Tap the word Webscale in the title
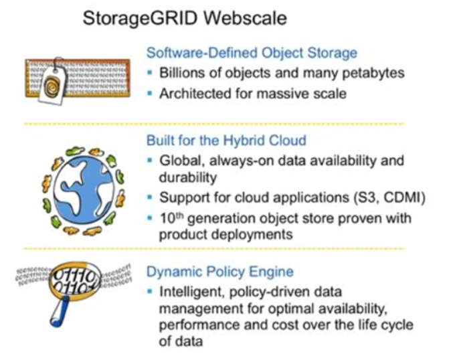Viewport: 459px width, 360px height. point(246,18)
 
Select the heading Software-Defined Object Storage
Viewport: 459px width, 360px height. point(252,53)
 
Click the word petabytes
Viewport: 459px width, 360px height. point(373,73)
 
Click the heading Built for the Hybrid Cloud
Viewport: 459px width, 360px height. point(226,141)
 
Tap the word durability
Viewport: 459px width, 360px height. point(188,177)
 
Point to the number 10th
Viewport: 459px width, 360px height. point(171,218)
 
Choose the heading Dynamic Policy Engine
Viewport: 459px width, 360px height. point(220,272)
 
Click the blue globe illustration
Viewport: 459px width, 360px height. point(84,190)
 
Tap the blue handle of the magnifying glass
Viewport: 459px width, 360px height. point(60,311)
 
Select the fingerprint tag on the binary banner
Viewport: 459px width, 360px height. point(53,83)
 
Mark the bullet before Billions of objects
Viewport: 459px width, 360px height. point(150,72)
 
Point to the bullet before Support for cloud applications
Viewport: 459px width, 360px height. point(150,197)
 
